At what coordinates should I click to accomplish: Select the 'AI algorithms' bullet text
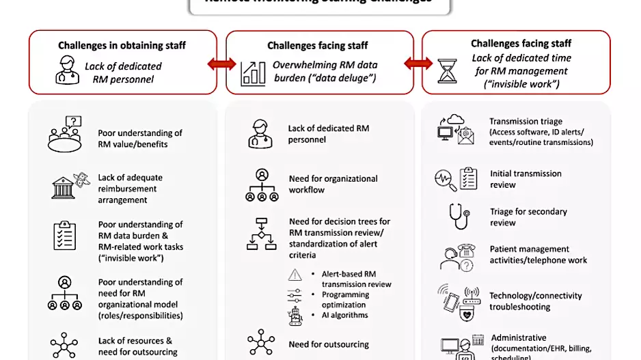coord(344,315)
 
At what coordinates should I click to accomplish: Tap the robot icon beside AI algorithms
coord(295,316)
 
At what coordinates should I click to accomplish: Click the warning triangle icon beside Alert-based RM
coord(295,275)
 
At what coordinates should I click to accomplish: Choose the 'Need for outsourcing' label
coord(329,344)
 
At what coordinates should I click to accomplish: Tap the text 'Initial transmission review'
coord(526,179)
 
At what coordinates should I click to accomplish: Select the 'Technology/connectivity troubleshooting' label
coord(535,301)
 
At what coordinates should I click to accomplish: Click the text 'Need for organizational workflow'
coord(333,184)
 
